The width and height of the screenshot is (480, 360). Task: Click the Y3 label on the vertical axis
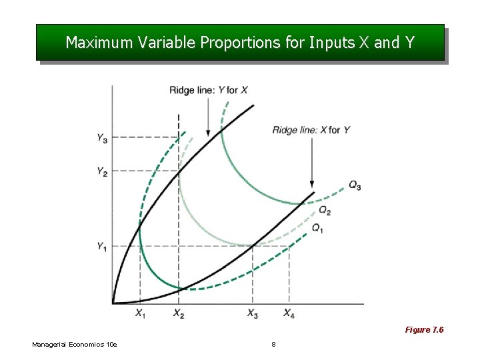click(x=102, y=138)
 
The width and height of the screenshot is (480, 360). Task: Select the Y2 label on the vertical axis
click(x=102, y=171)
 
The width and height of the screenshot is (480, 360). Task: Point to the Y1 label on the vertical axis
click(x=102, y=247)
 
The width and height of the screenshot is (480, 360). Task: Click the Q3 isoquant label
click(x=354, y=186)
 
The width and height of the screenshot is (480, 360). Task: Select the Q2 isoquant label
click(x=324, y=211)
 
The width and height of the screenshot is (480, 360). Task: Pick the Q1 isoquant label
click(x=318, y=228)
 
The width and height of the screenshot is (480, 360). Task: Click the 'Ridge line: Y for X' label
click(x=209, y=90)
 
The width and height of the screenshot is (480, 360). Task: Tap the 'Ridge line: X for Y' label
click(x=311, y=130)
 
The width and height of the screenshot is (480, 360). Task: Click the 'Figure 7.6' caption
click(x=424, y=330)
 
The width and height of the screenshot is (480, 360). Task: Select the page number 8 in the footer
click(x=273, y=344)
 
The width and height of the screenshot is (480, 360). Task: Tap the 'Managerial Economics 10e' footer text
click(x=75, y=344)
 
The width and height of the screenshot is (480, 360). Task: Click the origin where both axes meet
click(x=112, y=304)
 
